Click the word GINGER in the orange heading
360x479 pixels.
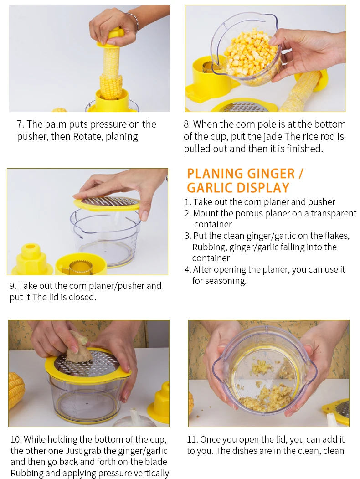pos(271,174)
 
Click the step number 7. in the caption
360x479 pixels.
pos(20,124)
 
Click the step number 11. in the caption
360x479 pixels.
pos(192,440)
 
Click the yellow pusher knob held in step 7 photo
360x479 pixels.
pos(114,36)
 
